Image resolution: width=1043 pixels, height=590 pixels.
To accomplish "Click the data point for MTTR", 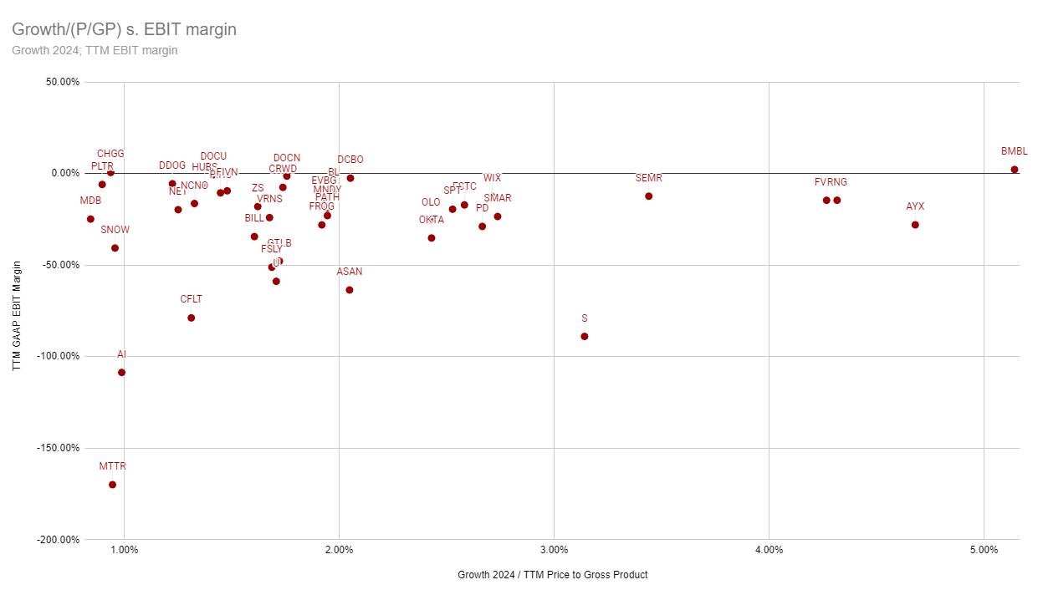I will click(x=112, y=485).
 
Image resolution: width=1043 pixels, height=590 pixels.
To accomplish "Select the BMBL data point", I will click(x=1015, y=170).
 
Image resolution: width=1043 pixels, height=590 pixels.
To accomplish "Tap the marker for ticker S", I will click(x=585, y=337).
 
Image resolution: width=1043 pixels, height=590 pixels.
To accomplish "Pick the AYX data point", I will click(x=915, y=225).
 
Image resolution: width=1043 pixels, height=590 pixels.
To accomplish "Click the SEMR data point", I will click(x=649, y=196).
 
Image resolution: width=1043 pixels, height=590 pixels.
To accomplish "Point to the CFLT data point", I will click(x=192, y=318).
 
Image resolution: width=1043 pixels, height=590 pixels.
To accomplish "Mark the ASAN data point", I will click(x=350, y=290).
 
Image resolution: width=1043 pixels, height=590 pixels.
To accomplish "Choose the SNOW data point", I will click(x=115, y=248).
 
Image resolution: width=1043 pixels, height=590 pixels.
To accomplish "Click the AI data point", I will click(x=121, y=373).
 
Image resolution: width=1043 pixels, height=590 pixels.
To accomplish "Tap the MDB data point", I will click(x=90, y=219).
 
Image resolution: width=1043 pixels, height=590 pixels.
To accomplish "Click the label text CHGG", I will click(x=110, y=154).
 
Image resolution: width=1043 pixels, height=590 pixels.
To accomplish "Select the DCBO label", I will click(x=350, y=160).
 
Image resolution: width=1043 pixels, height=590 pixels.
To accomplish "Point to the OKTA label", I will click(x=432, y=220).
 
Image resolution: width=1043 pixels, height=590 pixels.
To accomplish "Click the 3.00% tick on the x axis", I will click(x=554, y=549).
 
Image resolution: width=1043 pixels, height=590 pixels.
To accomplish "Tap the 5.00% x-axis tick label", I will click(x=984, y=549).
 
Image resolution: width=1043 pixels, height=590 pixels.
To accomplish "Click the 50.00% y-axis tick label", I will click(x=59, y=82).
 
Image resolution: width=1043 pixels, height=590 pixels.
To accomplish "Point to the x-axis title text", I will click(x=552, y=575).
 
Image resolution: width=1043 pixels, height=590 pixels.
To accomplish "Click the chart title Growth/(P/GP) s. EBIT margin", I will click(x=124, y=29).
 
